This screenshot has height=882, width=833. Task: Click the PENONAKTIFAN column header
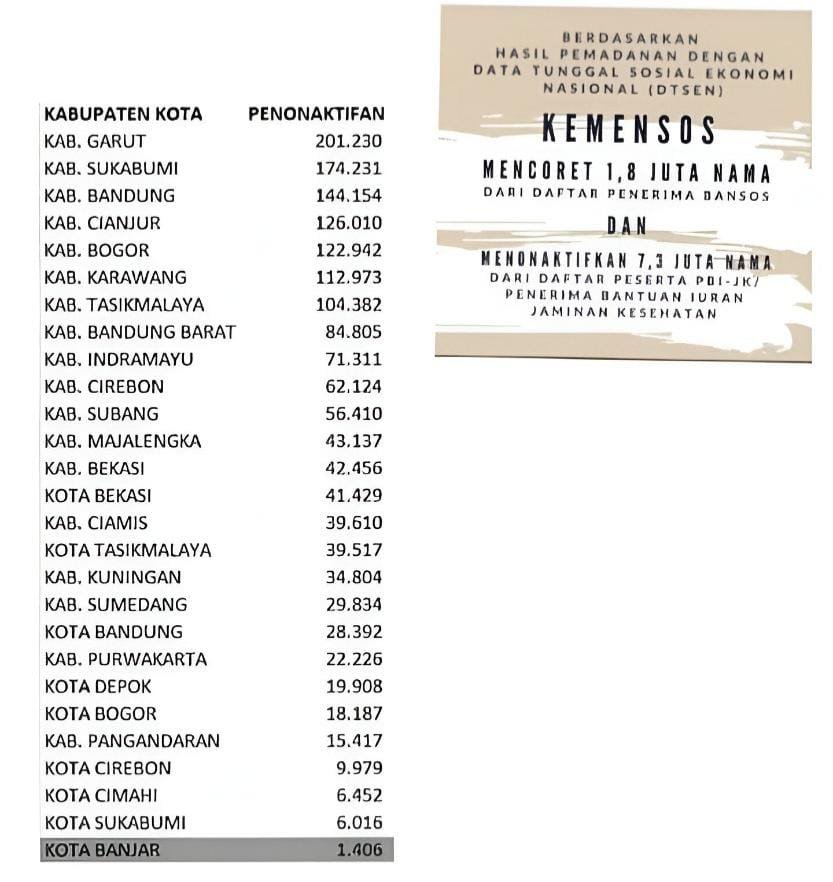[x=315, y=114]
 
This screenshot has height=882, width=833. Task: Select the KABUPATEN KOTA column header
[x=123, y=114]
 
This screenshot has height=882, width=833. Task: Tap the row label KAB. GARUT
[x=95, y=141]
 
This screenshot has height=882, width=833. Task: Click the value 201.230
[x=349, y=141]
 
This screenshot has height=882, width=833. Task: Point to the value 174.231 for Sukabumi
[x=349, y=168]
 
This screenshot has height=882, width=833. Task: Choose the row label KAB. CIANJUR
[x=102, y=223]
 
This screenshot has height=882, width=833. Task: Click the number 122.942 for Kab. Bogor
[x=349, y=250]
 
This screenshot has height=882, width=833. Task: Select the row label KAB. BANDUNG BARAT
[x=140, y=332]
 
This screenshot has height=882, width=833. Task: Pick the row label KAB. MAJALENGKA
[x=123, y=441]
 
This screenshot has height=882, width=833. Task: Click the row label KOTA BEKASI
[x=98, y=495]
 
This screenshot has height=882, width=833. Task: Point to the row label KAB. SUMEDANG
[x=115, y=604]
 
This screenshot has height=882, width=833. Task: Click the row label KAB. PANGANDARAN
[x=132, y=741]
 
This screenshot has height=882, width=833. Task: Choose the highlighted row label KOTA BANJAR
[x=101, y=850]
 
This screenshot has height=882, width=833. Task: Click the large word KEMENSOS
[x=628, y=131]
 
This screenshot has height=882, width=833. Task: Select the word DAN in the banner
[x=626, y=224]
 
